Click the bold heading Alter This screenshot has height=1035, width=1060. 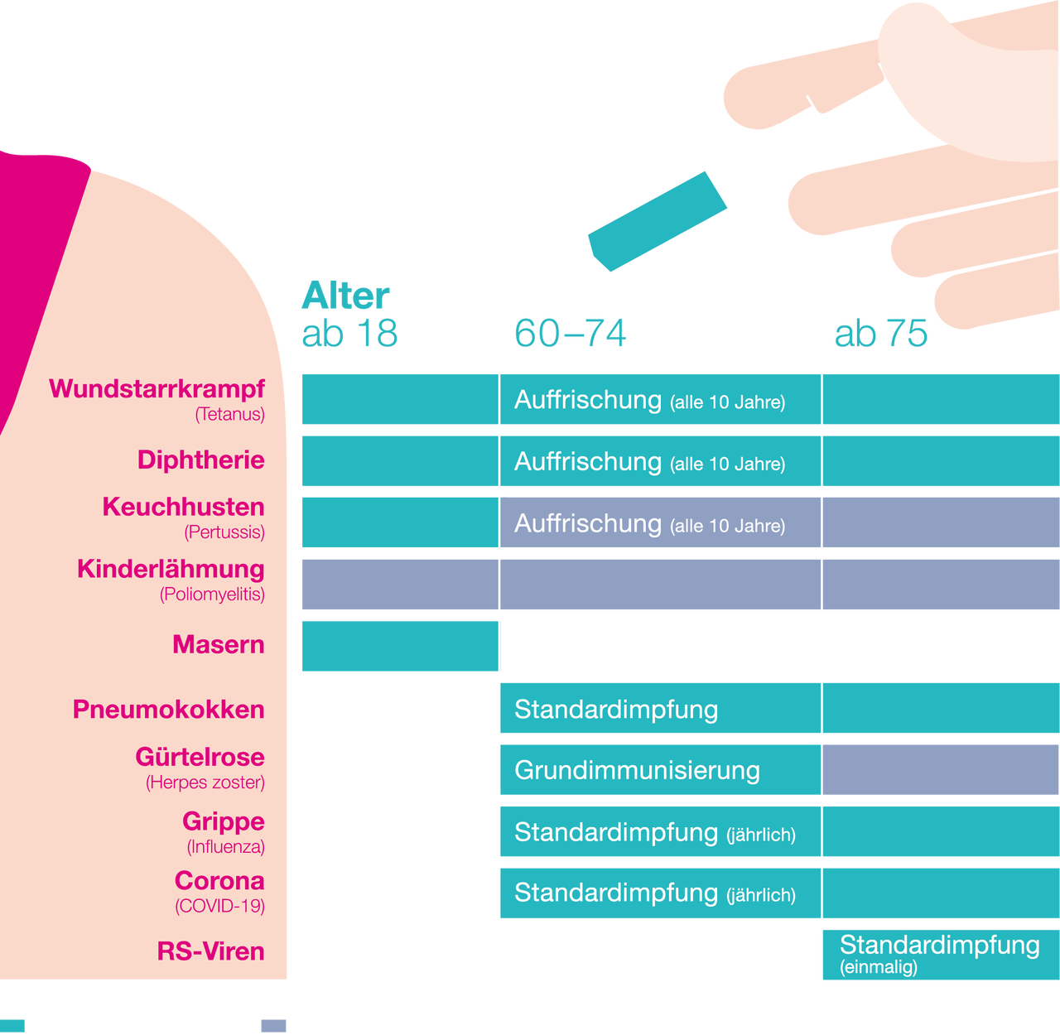[x=345, y=296]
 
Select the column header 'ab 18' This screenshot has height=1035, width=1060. [x=349, y=333]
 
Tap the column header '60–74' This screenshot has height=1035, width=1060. [x=571, y=333]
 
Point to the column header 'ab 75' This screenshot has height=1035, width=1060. [x=881, y=333]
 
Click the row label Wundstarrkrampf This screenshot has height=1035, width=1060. [x=157, y=388]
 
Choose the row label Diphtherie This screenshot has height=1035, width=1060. [x=201, y=460]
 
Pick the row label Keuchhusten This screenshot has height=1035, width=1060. [x=184, y=507]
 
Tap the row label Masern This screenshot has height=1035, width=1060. [x=219, y=644]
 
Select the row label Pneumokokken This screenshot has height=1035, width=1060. [x=169, y=710]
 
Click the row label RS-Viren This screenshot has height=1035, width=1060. [x=211, y=951]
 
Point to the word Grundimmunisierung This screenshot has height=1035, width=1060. [x=637, y=770]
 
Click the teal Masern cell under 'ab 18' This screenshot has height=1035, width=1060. [x=400, y=646]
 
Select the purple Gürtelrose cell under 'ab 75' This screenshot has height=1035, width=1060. [x=941, y=770]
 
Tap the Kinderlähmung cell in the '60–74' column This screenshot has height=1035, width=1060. [x=660, y=585]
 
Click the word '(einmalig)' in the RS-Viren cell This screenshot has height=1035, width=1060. [x=879, y=967]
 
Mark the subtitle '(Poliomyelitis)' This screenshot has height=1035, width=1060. [x=213, y=594]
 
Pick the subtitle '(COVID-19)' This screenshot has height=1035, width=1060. [x=220, y=906]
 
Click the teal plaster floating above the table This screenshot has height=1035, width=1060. [x=658, y=221]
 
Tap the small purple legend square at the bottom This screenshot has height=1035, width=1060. [x=273, y=1026]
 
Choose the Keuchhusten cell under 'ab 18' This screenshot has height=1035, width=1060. [x=400, y=522]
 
